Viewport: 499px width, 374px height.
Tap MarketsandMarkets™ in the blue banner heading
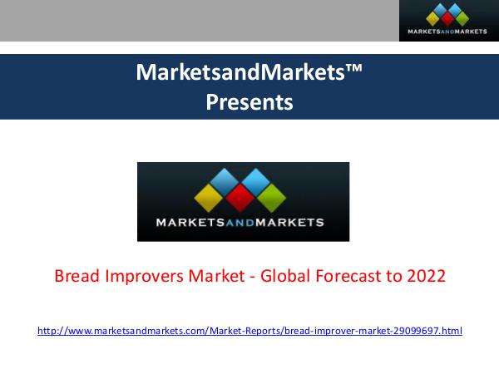tap(249, 73)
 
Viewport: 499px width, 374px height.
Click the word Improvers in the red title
tap(143, 276)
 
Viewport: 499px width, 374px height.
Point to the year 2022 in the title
tap(427, 276)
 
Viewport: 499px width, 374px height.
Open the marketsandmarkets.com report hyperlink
tap(249, 331)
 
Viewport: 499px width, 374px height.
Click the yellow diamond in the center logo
tap(210, 198)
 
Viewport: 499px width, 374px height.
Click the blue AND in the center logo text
tap(244, 223)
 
